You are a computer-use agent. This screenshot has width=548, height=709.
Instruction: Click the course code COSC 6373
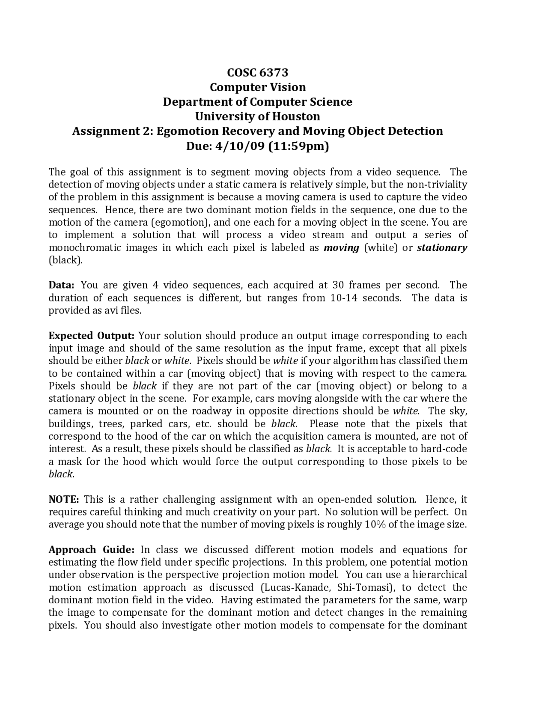pos(257,72)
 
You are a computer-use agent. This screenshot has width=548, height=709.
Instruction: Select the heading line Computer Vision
pos(257,87)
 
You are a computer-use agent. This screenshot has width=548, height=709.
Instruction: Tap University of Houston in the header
pos(257,116)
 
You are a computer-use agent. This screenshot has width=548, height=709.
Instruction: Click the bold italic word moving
pos(341,247)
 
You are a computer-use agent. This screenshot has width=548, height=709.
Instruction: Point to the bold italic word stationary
pos(441,247)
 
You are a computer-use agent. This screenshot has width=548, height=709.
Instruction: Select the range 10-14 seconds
pos(365,298)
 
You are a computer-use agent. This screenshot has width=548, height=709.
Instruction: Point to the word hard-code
pos(444,449)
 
